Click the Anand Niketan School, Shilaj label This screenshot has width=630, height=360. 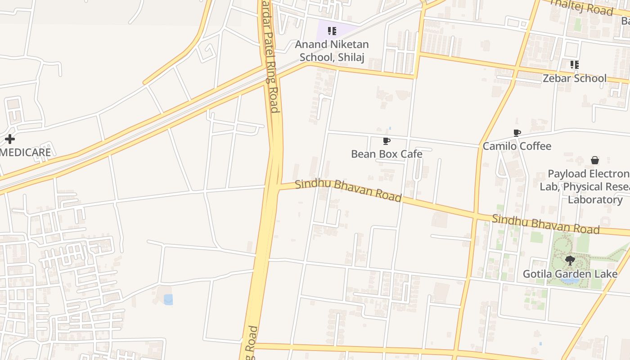[x=332, y=51]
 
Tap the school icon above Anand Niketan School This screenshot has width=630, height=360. [x=332, y=31]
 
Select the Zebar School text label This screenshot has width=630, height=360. [x=574, y=78]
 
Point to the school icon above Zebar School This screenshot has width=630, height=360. [x=574, y=65]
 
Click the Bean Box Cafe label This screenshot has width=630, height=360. [x=387, y=154]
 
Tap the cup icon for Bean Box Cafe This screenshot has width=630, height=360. [x=386, y=141]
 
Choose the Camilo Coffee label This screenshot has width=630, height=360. [x=517, y=146]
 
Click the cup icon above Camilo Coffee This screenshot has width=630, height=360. [x=517, y=133]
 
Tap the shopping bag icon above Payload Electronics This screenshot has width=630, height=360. [x=594, y=161]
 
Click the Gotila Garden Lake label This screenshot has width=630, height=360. [x=570, y=274]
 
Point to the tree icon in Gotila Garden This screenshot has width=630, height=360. [x=570, y=260]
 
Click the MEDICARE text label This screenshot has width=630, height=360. [x=25, y=153]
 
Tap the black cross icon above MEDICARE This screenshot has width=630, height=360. [x=9, y=139]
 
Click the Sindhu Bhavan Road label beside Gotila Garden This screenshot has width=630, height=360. [x=545, y=224]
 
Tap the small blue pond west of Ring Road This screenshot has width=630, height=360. [x=168, y=299]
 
